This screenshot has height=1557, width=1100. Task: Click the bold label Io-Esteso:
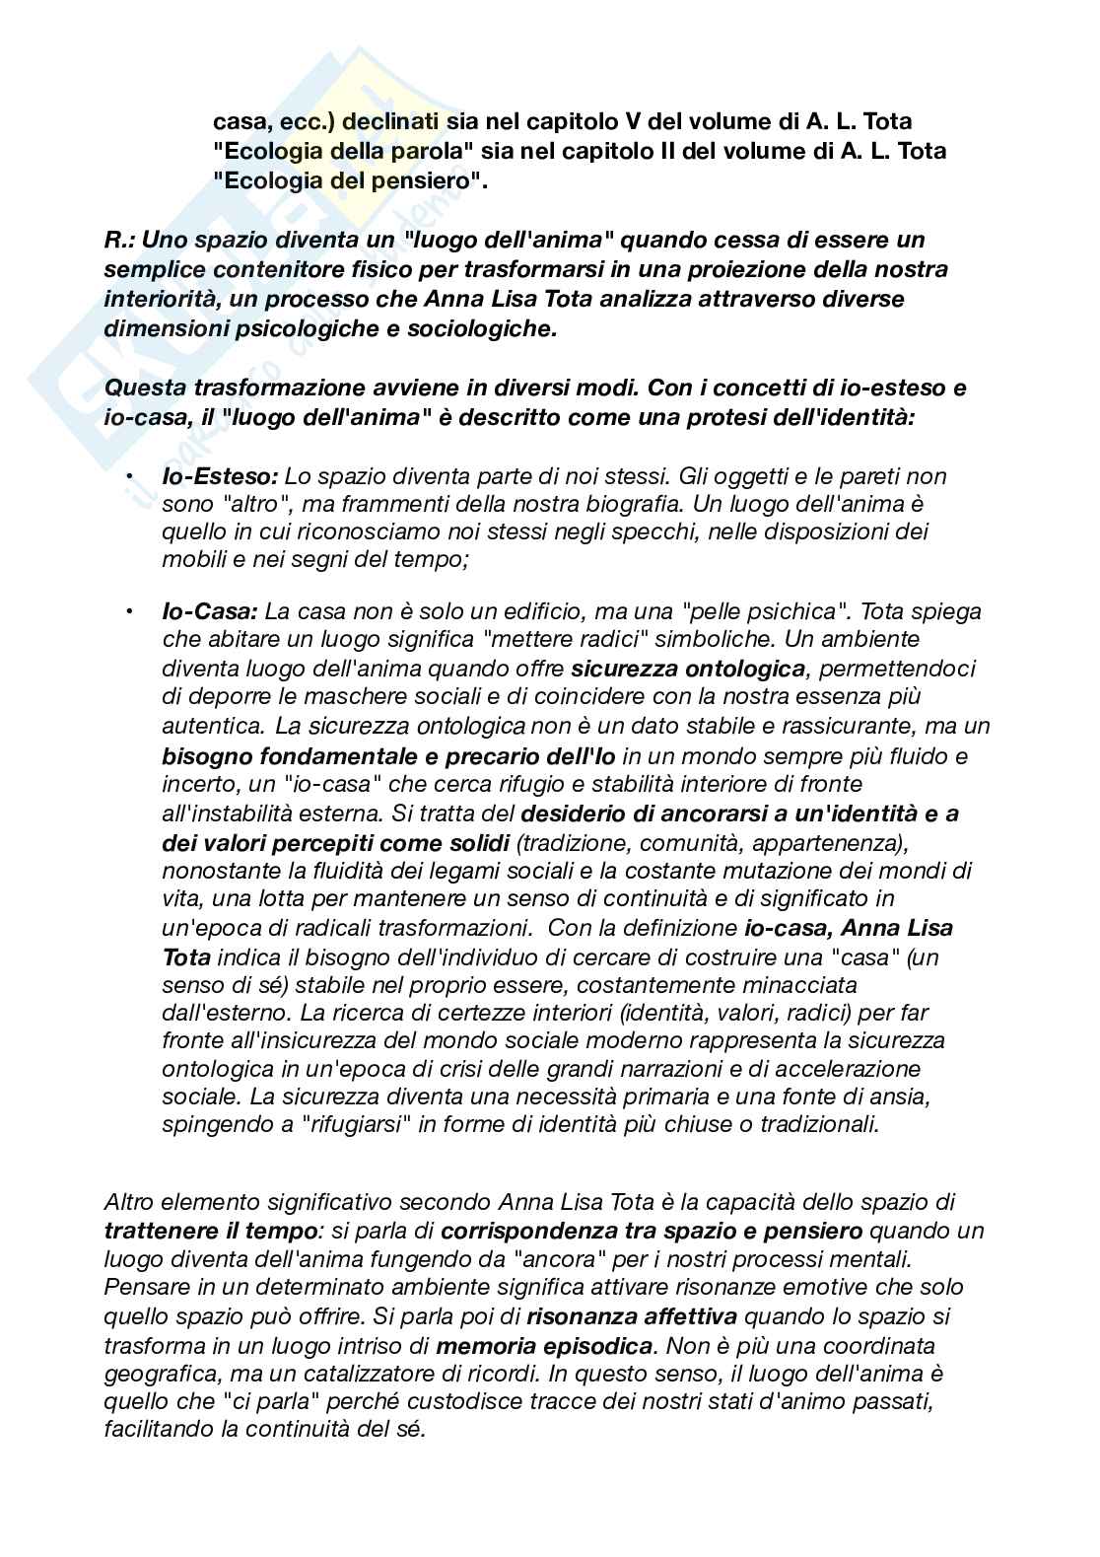(220, 476)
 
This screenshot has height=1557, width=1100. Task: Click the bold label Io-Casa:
(211, 611)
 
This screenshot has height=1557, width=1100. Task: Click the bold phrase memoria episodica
(543, 1345)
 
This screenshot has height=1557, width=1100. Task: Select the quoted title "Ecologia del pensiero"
(350, 180)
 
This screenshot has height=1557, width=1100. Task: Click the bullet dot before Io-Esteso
(129, 476)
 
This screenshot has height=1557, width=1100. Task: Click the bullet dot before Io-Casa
(129, 611)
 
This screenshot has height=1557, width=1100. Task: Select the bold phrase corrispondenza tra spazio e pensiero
(652, 1231)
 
